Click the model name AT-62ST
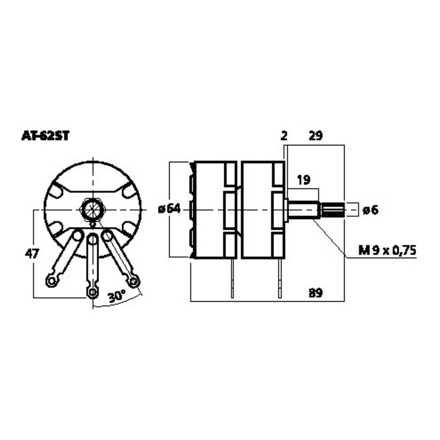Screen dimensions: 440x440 tap(45, 136)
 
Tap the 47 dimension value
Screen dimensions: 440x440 tap(32, 254)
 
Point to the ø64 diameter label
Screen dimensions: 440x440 tap(169, 209)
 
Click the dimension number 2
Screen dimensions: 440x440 tap(284, 136)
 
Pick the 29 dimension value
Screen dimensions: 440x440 tap(315, 136)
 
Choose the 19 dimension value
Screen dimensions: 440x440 tap(304, 180)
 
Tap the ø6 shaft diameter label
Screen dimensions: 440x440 tap(370, 210)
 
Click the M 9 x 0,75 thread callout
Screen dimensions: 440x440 tap(387, 250)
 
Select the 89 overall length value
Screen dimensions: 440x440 tap(315, 293)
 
